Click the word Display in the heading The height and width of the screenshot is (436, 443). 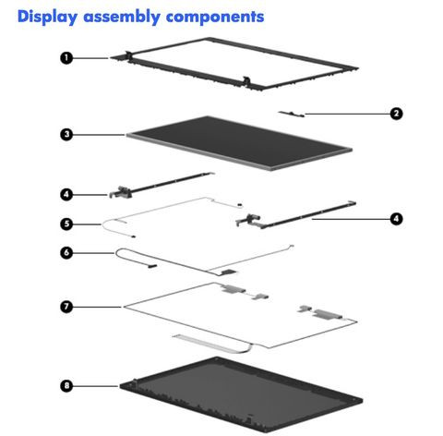(x=47, y=18)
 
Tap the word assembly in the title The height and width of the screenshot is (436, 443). (x=122, y=18)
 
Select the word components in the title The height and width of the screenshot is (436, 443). (x=215, y=18)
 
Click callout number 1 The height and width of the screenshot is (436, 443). (x=66, y=58)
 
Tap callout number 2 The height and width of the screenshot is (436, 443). (x=396, y=114)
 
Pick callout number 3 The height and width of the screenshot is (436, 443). (x=66, y=135)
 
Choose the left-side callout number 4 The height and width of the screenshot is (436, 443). (x=66, y=195)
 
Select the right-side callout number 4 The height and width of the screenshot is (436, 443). (x=396, y=219)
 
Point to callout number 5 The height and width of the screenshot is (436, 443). (x=66, y=224)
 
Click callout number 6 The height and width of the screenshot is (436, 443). (x=66, y=253)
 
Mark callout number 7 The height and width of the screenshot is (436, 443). (x=66, y=307)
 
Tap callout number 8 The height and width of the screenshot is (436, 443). (x=66, y=385)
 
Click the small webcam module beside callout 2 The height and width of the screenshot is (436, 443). (x=291, y=114)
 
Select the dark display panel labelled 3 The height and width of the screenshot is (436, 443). (x=239, y=143)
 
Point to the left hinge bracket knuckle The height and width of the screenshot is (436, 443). (x=121, y=192)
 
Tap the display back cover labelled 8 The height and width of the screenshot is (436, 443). (x=241, y=394)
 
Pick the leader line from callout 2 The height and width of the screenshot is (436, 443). (x=347, y=114)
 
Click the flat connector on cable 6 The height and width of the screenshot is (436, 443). (x=229, y=272)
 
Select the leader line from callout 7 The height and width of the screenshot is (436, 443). (x=97, y=307)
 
